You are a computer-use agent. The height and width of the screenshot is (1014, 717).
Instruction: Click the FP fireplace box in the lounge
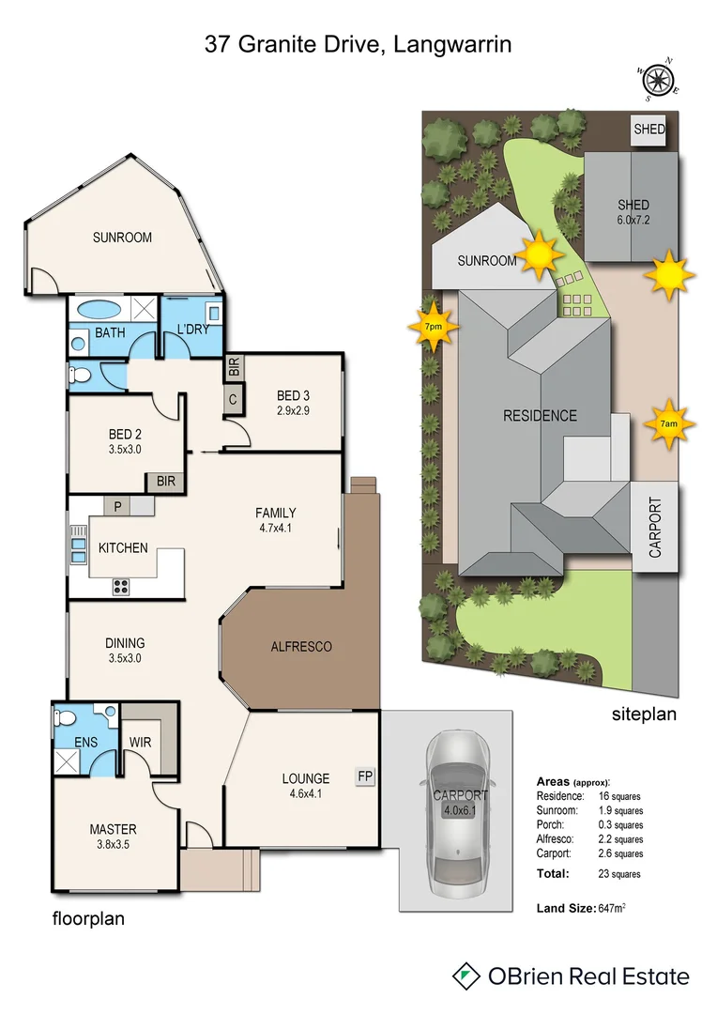coord(364,776)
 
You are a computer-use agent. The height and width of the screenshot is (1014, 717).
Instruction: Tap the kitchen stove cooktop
coord(121,586)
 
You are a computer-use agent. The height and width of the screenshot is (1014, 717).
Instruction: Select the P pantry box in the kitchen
coord(117,505)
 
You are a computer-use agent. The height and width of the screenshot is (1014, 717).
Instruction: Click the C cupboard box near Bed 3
coord(231,399)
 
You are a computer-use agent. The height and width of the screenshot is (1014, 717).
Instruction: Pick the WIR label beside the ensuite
coord(140,742)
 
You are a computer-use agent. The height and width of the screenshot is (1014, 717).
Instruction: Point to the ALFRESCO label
coord(301,647)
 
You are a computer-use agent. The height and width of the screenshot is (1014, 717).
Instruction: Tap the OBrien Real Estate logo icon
coord(466,976)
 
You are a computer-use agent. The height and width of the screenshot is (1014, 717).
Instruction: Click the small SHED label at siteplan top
coord(648,130)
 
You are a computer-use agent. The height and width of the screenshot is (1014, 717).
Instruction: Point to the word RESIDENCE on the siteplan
coord(540,415)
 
